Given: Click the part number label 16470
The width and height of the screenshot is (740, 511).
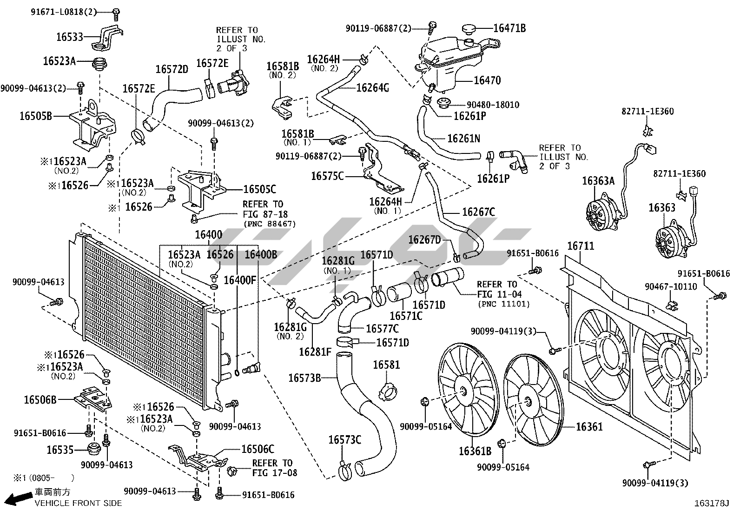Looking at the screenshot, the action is click(x=487, y=80).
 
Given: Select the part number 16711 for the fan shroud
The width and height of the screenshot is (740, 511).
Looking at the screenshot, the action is click(x=581, y=246).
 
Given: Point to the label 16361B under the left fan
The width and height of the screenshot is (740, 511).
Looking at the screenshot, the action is click(x=475, y=451).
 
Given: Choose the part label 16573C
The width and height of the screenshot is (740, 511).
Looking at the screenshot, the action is click(x=344, y=440).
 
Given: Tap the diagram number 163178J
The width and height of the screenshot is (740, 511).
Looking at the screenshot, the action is click(x=711, y=503).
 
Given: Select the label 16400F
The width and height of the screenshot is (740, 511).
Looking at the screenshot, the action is click(x=240, y=280).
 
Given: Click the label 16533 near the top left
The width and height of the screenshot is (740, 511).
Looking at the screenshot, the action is click(x=70, y=37).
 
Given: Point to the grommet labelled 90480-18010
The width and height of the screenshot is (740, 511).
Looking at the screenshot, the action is click(x=443, y=102).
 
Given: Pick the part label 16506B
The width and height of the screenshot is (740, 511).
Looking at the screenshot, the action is click(x=40, y=400).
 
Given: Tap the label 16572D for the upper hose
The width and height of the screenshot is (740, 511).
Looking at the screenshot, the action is click(x=172, y=69).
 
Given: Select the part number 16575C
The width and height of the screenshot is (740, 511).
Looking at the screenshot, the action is click(x=327, y=176).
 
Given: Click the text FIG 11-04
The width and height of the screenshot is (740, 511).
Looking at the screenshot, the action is click(x=499, y=294).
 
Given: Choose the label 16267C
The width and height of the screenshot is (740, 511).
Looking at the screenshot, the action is click(x=478, y=212).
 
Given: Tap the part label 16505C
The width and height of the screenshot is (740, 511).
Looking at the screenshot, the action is click(x=260, y=189).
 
